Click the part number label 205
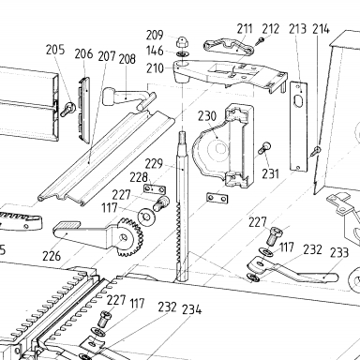click(55, 50)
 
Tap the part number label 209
click(155, 35)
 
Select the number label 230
click(207, 116)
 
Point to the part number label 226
click(52, 256)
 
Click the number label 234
click(192, 309)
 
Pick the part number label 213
click(297, 29)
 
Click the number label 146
click(155, 51)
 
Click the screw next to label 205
click(67, 109)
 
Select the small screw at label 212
click(260, 41)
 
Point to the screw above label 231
click(264, 148)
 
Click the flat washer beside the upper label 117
click(145, 217)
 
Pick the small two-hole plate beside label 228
click(155, 189)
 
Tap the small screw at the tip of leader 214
click(316, 151)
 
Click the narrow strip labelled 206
click(83, 111)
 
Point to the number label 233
click(339, 252)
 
